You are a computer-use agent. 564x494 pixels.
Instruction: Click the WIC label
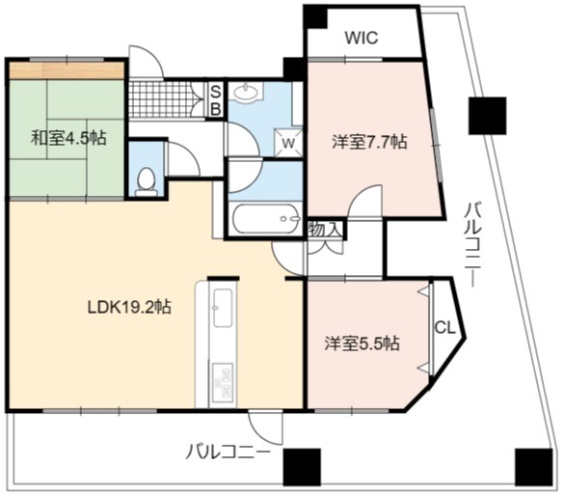(x=362, y=38)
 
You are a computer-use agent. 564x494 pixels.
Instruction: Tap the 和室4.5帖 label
(x=68, y=138)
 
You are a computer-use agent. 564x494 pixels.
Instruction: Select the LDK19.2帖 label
(x=129, y=307)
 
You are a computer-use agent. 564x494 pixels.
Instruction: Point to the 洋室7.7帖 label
(x=370, y=142)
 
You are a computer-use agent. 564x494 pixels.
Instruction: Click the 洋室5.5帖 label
(x=363, y=343)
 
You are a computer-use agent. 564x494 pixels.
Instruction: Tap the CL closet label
(x=445, y=328)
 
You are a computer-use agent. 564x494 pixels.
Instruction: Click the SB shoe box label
(x=215, y=99)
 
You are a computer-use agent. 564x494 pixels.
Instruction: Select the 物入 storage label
(x=325, y=230)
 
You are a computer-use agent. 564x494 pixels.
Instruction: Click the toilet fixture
(x=146, y=182)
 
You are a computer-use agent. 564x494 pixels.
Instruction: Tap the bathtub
(x=266, y=219)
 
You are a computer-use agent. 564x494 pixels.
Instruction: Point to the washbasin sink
(x=247, y=92)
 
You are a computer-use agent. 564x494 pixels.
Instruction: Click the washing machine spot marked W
(x=288, y=143)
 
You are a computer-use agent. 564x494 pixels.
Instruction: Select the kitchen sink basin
(x=222, y=308)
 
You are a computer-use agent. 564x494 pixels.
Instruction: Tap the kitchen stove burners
(x=223, y=383)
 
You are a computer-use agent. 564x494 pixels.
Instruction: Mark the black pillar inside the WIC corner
(x=315, y=16)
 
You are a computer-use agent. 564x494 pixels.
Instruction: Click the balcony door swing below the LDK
(x=266, y=427)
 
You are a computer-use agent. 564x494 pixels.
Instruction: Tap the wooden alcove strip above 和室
(x=67, y=70)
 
